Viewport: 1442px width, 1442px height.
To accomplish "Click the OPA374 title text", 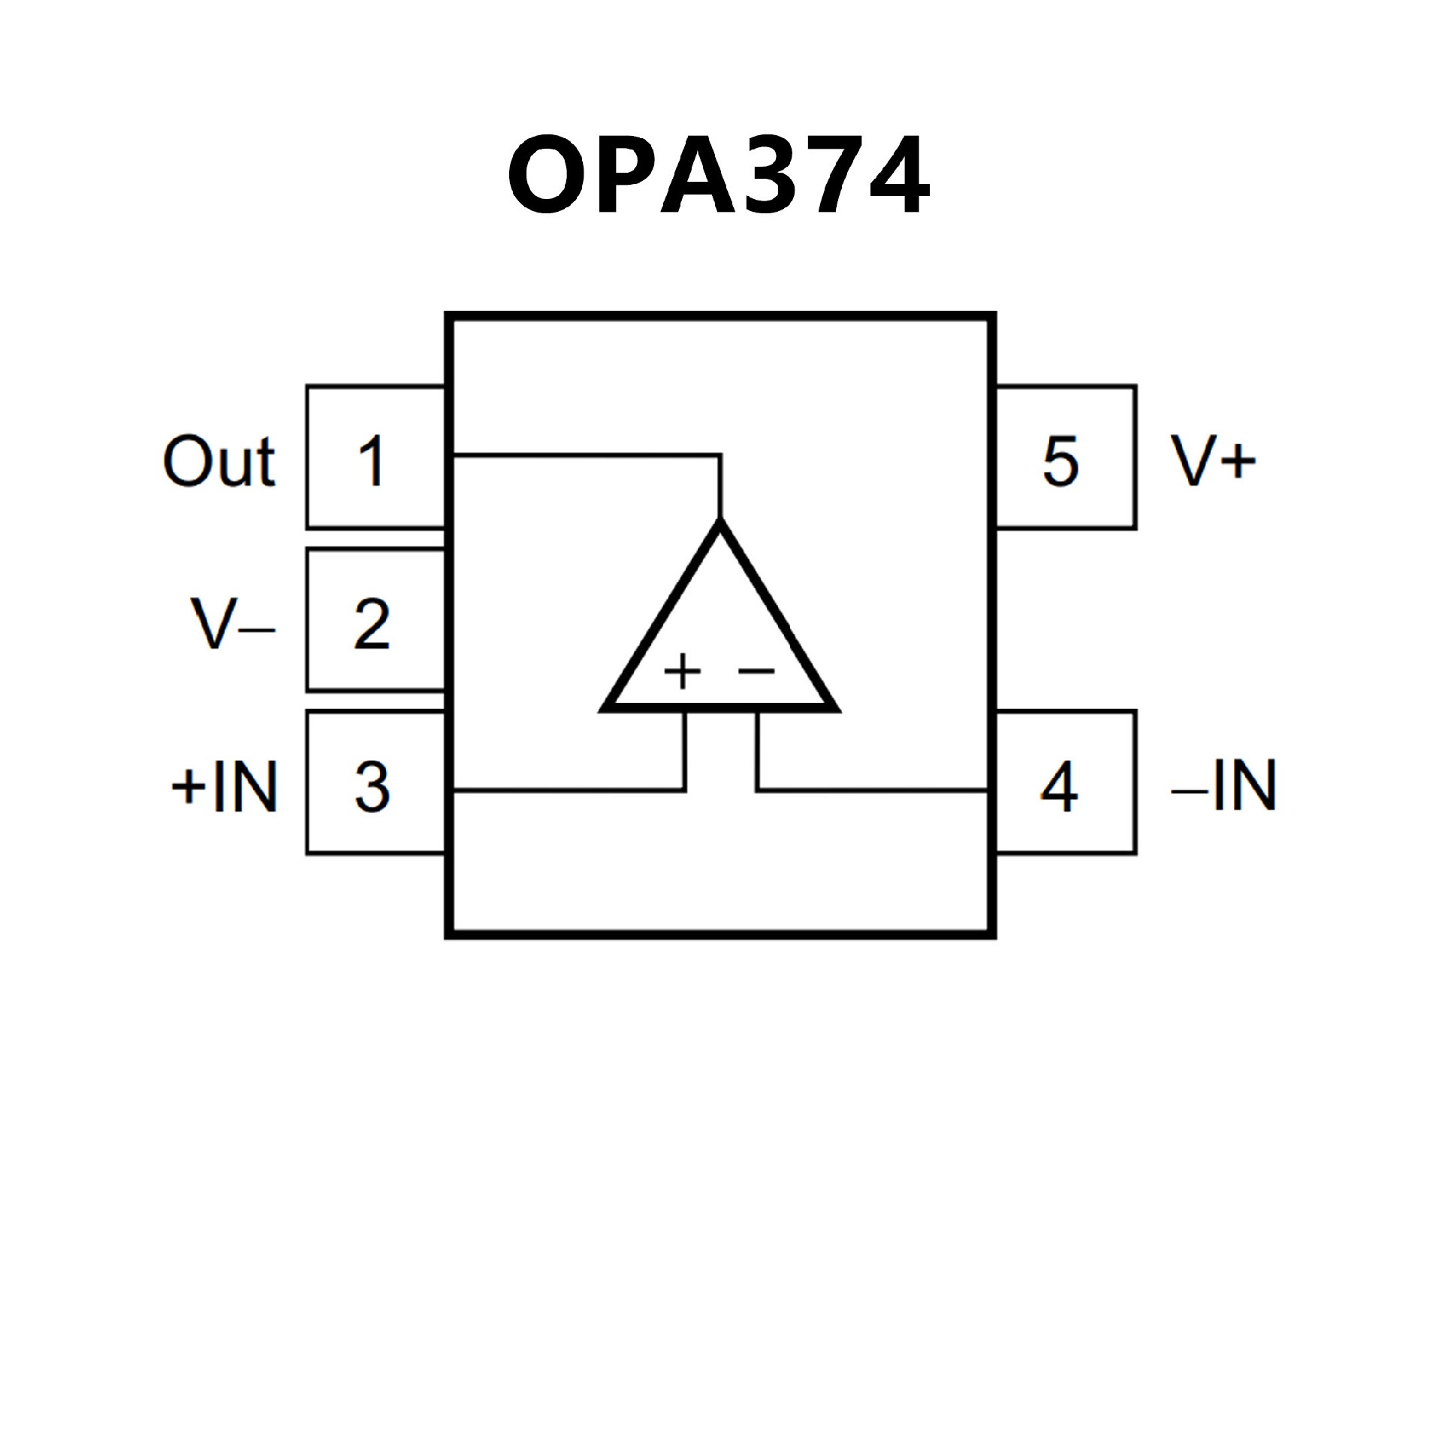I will coord(719,175).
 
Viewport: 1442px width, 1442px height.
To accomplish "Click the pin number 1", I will coord(371,461).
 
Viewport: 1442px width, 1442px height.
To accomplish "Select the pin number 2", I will coord(371,623).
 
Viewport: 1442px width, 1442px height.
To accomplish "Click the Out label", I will coord(219,461).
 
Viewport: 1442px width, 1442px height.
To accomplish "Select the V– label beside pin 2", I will coord(233,623).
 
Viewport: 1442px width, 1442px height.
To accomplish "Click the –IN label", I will coord(1223,786).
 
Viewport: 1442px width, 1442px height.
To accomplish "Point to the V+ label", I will coord(1212,461).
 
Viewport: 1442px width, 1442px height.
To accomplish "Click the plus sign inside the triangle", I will coord(682,671).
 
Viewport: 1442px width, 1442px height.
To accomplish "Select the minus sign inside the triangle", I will coord(756,670).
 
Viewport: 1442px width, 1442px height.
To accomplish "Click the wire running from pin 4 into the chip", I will coord(871,789).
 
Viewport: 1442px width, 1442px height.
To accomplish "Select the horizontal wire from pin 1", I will coord(586,454).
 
